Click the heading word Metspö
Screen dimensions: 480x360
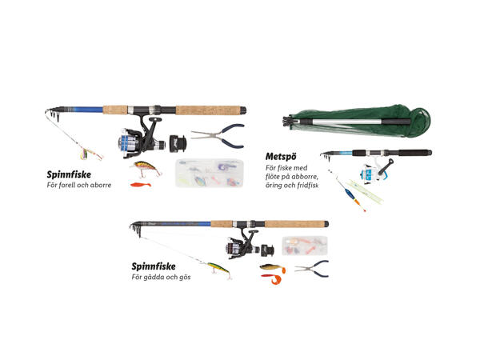(281, 157)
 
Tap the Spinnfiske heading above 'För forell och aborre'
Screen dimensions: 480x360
(69, 174)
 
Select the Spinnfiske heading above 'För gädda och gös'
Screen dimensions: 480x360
(154, 266)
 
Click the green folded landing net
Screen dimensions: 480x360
(357, 121)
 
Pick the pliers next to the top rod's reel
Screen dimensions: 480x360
(218, 136)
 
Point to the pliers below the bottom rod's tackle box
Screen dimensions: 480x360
(312, 269)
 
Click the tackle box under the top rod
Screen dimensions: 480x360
(210, 173)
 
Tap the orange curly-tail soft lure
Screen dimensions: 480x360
(273, 279)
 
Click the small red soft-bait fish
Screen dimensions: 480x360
(141, 185)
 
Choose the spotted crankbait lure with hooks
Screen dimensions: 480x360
(146, 168)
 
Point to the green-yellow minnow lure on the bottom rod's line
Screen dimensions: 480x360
(219, 270)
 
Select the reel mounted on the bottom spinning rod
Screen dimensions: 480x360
(242, 245)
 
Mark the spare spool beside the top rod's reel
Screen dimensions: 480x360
(178, 143)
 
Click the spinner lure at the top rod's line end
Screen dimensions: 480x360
(90, 153)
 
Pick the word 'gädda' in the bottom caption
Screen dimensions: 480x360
(152, 278)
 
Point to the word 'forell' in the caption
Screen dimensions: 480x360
(66, 185)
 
